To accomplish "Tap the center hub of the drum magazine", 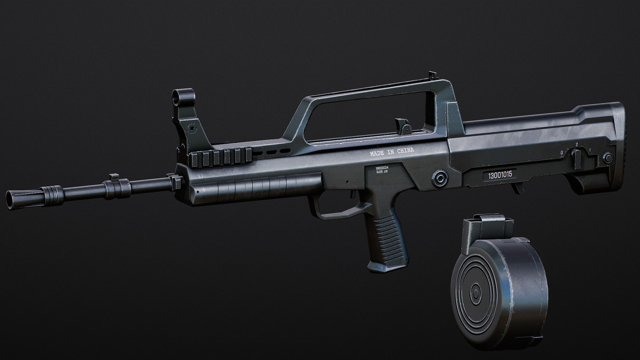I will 475,294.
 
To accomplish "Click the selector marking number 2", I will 576,145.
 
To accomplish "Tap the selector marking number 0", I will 562,152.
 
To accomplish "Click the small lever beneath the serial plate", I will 515,188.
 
